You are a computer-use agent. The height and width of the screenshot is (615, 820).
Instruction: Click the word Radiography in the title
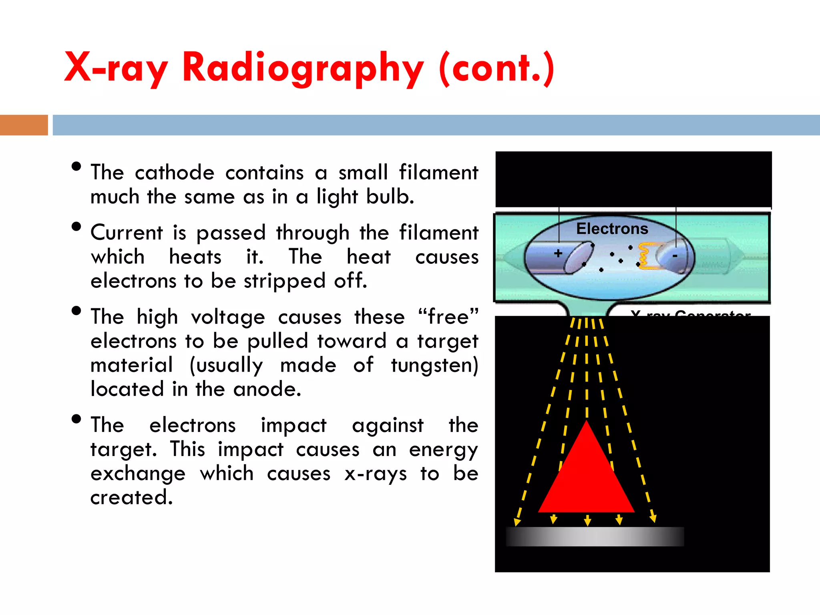point(302,68)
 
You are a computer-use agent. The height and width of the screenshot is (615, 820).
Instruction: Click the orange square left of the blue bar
point(24,125)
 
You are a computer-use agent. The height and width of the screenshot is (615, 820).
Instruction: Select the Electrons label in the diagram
point(612,229)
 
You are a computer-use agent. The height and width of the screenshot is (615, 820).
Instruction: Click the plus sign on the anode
point(558,253)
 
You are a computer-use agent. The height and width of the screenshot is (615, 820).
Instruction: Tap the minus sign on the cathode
point(675,256)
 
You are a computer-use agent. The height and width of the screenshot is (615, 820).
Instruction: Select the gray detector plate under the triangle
point(595,537)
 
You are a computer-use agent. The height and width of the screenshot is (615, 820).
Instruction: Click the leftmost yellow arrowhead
point(517,522)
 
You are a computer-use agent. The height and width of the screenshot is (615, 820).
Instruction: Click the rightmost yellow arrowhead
point(653,519)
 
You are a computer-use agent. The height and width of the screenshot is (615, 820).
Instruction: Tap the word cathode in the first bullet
point(175,173)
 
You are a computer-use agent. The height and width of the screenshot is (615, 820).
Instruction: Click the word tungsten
point(434,366)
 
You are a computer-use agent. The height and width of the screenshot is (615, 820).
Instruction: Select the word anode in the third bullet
point(267,390)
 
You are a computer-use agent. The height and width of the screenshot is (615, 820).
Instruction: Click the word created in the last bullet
point(131,498)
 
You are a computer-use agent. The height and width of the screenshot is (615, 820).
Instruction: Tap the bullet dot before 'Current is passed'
point(76,227)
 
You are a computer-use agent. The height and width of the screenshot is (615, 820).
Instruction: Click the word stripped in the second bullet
point(284,281)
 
